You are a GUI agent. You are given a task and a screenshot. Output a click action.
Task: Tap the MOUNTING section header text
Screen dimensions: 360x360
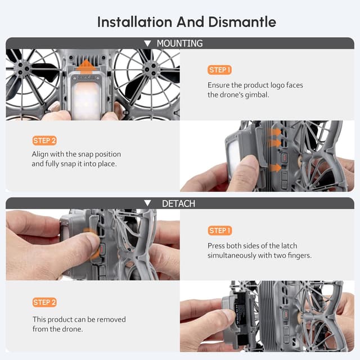(x=179, y=43)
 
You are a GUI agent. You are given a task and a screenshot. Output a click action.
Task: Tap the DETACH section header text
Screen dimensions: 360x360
(x=178, y=203)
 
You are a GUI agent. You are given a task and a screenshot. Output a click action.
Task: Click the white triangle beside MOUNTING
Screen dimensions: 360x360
(x=147, y=43)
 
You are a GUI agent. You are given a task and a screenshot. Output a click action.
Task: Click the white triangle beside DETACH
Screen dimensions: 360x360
(x=147, y=203)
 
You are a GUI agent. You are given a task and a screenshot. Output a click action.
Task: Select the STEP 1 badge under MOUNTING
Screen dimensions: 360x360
(x=219, y=70)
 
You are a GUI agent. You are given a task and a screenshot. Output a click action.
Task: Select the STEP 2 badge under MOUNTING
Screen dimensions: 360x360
(x=44, y=141)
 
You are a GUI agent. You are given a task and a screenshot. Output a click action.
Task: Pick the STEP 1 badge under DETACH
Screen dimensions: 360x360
(x=219, y=231)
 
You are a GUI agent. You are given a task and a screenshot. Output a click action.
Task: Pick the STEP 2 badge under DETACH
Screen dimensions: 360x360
(x=44, y=303)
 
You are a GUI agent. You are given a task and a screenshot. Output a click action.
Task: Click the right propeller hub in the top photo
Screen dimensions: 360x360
(x=150, y=68)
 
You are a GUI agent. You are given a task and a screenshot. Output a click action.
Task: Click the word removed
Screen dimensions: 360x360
(x=111, y=319)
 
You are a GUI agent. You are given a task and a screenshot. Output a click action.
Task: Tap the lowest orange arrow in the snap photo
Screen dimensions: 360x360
(x=275, y=168)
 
